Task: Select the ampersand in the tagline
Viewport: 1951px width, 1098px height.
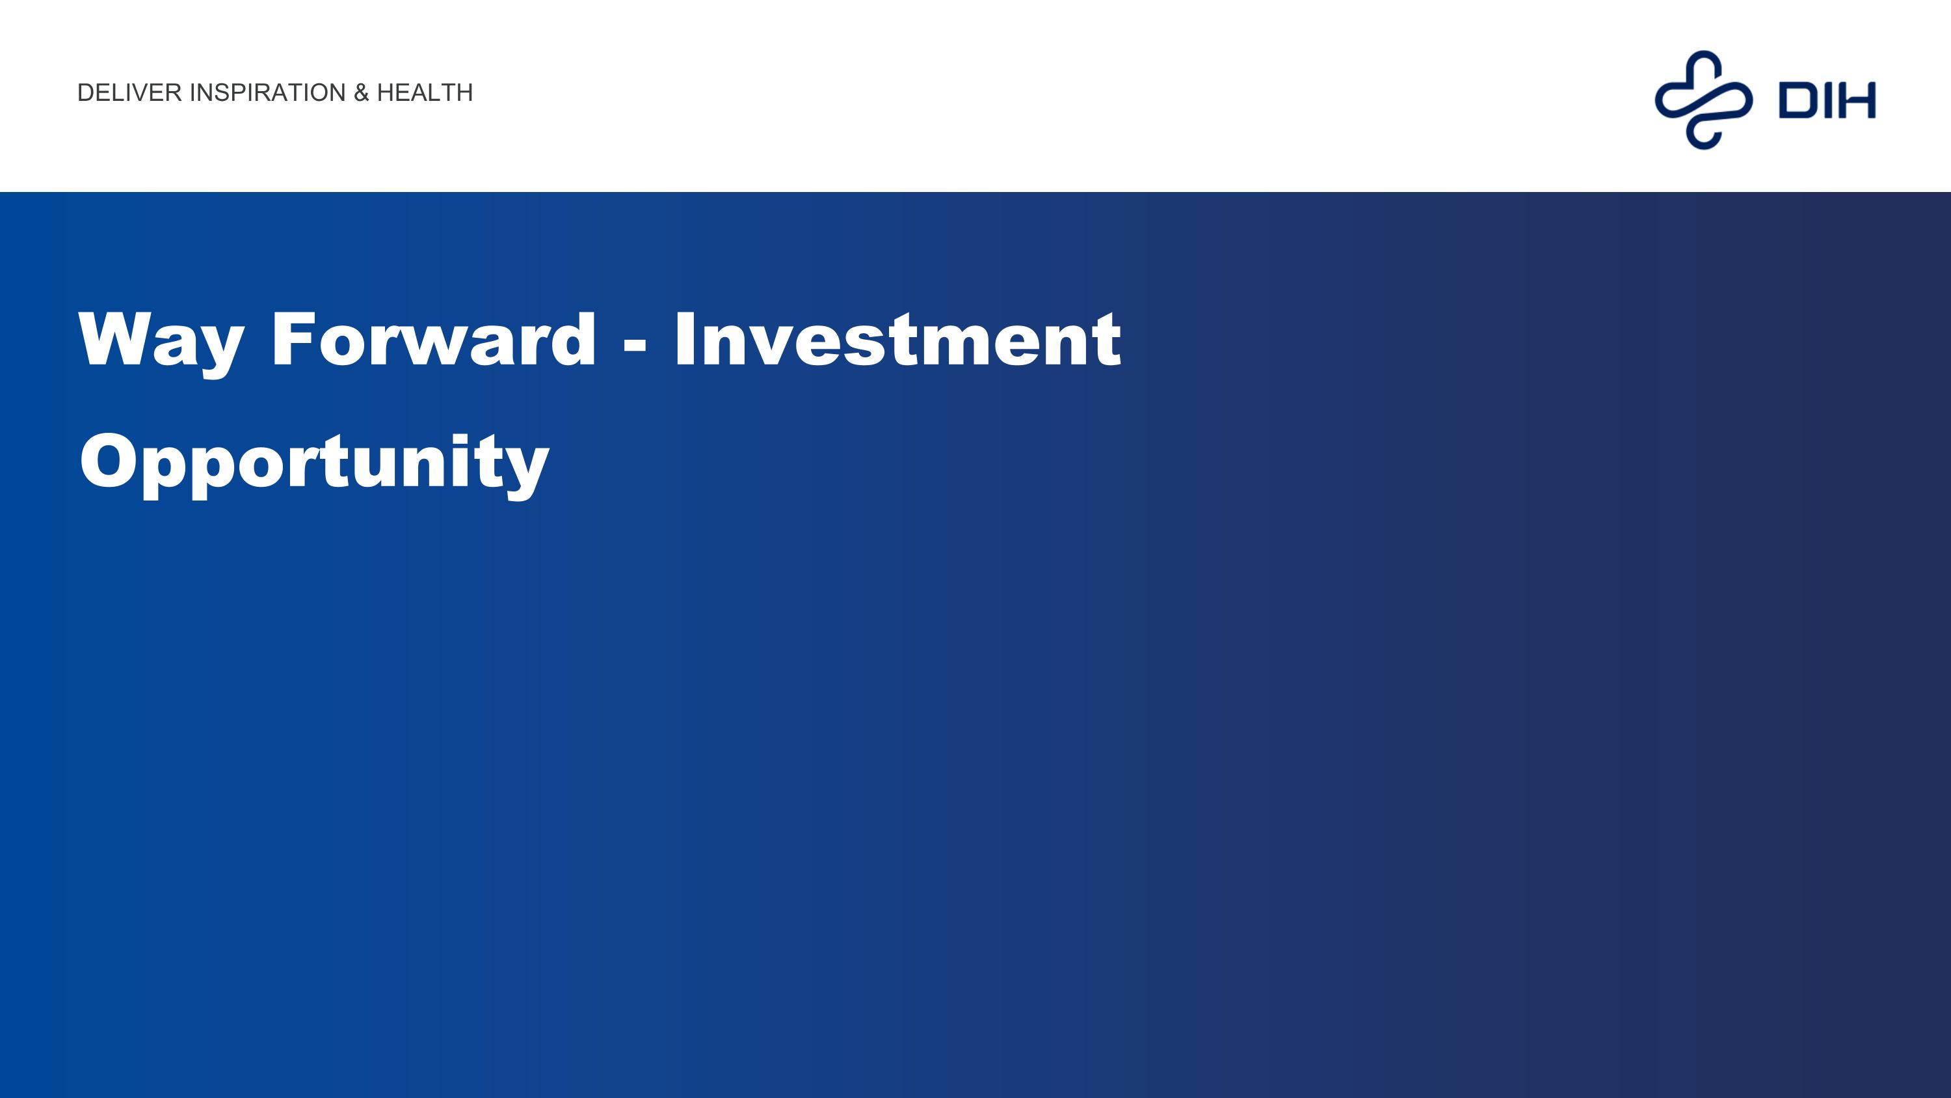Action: (x=362, y=92)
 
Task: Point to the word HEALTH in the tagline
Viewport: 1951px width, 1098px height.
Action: (x=425, y=92)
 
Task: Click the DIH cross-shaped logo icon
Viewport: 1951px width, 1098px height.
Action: (x=1703, y=100)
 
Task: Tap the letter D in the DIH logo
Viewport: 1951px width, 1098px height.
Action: (x=1798, y=101)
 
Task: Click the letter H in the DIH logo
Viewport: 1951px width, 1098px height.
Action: (x=1855, y=101)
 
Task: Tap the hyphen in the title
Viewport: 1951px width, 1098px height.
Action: (x=635, y=345)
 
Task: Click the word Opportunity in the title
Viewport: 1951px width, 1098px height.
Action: (x=314, y=464)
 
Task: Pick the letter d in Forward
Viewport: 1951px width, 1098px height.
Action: (x=574, y=338)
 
